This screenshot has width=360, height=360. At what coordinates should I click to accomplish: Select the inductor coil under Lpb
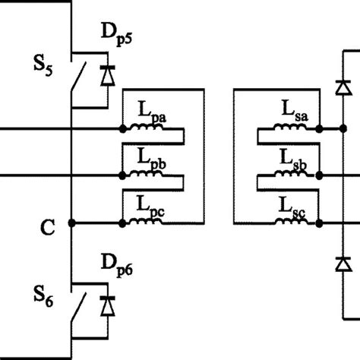coord(144,175)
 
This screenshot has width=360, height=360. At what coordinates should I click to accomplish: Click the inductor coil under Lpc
coord(144,222)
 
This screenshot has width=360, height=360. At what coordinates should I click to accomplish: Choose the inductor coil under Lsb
coord(295,175)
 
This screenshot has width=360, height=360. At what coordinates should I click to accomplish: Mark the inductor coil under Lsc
coord(295,222)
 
